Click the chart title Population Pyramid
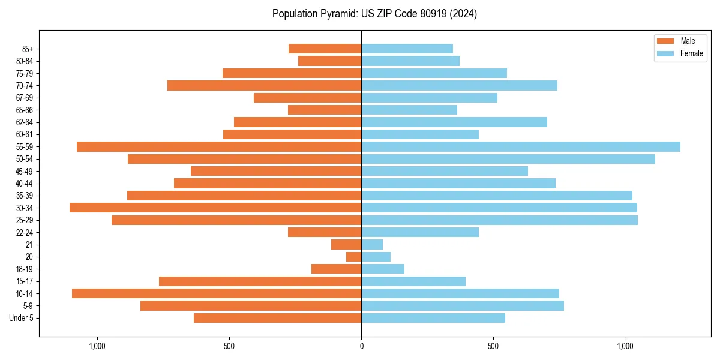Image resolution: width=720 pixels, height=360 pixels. click(374, 14)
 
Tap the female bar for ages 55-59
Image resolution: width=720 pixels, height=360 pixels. click(520, 146)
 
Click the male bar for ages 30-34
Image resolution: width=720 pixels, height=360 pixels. click(215, 208)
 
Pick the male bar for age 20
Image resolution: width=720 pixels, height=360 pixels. click(353, 257)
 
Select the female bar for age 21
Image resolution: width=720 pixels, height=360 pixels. click(372, 244)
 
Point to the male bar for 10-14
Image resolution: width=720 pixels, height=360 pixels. click(217, 293)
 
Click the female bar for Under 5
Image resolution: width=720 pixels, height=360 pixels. click(433, 318)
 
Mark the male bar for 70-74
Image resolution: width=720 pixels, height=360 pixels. click(264, 85)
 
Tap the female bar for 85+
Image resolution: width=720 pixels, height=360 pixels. click(407, 49)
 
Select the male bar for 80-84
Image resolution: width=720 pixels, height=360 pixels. click(329, 61)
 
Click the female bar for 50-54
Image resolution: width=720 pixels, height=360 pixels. click(508, 159)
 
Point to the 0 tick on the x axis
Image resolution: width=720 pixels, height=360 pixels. click(361, 346)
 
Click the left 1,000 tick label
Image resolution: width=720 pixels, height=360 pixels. click(97, 346)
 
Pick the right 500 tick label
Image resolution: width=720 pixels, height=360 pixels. click(493, 346)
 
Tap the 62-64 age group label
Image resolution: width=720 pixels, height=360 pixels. click(25, 122)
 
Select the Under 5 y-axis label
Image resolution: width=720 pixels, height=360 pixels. click(22, 318)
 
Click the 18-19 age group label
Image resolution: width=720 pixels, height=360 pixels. click(25, 269)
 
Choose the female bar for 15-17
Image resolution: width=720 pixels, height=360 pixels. click(413, 281)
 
